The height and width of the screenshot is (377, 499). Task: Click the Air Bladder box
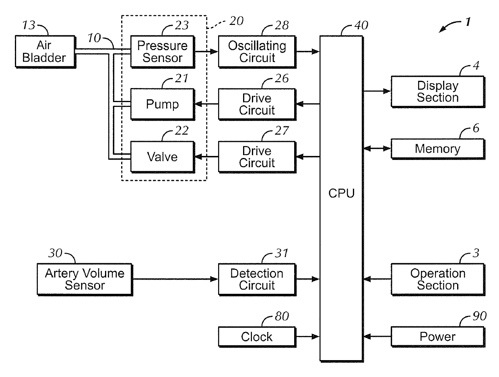45,51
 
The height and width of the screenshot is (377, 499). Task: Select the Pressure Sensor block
162,51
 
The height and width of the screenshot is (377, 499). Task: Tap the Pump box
162,104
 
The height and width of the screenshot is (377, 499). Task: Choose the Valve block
162,156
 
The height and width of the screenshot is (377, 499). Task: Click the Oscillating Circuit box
257,51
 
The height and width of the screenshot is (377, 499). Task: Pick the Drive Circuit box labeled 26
257,104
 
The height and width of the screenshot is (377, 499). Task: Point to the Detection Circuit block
257,279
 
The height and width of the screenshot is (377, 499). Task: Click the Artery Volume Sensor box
85,279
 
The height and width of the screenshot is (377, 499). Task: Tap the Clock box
257,336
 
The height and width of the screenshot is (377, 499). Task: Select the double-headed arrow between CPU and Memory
377,149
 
